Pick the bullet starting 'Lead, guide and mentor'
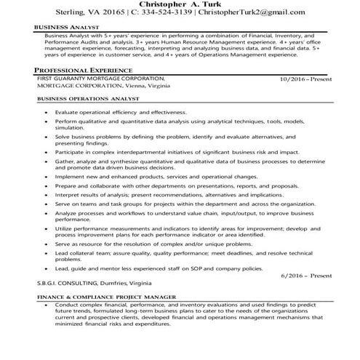click(153, 268)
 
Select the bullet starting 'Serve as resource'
click(145, 244)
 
